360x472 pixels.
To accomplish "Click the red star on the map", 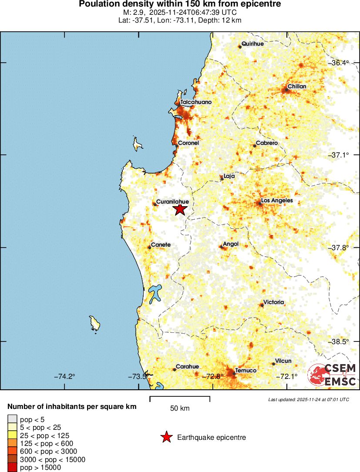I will (180, 209).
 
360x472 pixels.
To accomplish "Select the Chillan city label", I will (297, 87).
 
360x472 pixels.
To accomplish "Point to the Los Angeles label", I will (277, 201).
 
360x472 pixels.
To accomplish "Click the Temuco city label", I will (246, 371).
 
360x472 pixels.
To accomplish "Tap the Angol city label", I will (231, 244).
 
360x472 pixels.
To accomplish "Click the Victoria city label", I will (274, 302).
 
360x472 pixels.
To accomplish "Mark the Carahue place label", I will (187, 367).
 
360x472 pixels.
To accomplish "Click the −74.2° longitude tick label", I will (64, 376).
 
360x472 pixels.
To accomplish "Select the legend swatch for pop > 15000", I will (12, 468).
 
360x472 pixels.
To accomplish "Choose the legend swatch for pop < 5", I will (12, 419).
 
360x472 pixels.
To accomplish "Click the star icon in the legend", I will (166, 437).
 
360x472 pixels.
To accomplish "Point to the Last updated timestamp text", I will (309, 399).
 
